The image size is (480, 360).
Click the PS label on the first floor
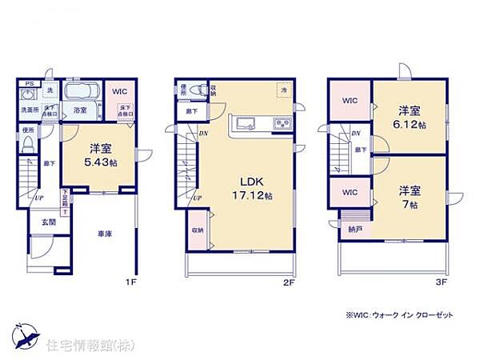tap(29, 84)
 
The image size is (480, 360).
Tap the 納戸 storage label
tap(354, 228)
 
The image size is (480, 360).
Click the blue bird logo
tap(23, 334)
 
